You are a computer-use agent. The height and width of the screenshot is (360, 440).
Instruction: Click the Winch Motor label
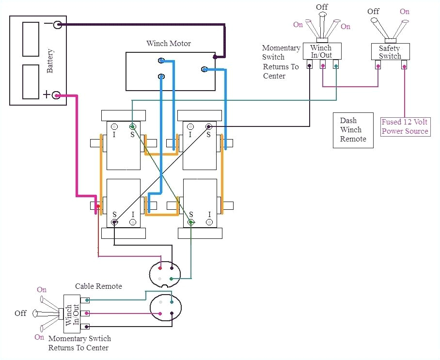click(169, 43)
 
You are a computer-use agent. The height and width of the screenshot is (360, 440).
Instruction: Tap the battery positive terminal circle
click(57, 95)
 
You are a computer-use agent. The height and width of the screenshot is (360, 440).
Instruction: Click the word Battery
click(50, 61)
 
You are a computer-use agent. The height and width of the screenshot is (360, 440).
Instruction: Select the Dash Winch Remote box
click(353, 130)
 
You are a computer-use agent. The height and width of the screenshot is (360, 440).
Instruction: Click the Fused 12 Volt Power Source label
click(405, 127)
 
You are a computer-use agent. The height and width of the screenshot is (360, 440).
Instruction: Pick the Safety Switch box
click(390, 52)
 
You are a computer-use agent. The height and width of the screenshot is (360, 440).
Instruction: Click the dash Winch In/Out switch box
click(322, 51)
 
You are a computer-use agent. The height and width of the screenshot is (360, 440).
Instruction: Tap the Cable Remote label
click(98, 286)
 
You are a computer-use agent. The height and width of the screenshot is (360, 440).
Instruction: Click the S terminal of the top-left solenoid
click(132, 127)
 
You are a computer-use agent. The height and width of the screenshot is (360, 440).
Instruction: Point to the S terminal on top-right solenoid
click(208, 127)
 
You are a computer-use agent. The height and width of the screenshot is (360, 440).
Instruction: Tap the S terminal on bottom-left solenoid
click(115, 222)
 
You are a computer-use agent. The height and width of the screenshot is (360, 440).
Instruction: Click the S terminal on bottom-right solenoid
click(191, 222)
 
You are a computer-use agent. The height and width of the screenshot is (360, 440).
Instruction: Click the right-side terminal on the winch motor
click(204, 70)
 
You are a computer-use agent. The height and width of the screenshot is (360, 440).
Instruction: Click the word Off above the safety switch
click(373, 11)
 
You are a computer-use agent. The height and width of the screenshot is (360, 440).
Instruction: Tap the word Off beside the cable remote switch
click(20, 313)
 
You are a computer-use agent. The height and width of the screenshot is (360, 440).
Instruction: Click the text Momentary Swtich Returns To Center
click(79, 343)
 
